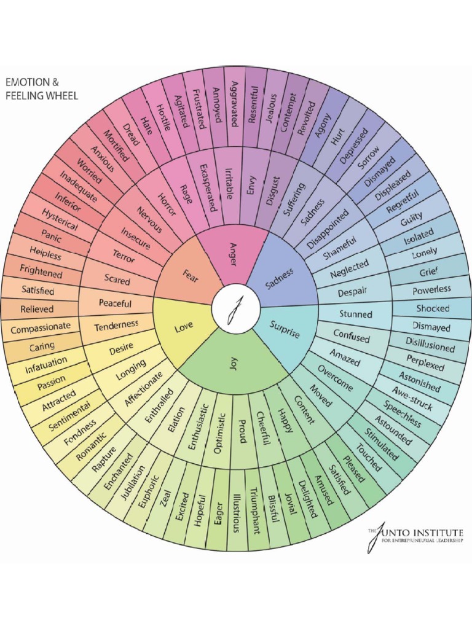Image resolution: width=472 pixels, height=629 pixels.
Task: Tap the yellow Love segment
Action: point(184,328)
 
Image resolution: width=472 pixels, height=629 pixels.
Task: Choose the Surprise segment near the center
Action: point(284,330)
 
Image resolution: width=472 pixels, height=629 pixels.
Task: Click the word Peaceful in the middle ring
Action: point(115,303)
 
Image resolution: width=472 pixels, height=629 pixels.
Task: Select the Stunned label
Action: point(356,314)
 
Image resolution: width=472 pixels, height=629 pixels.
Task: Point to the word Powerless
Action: point(431,289)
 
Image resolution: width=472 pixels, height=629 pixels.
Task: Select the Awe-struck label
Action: point(413,400)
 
